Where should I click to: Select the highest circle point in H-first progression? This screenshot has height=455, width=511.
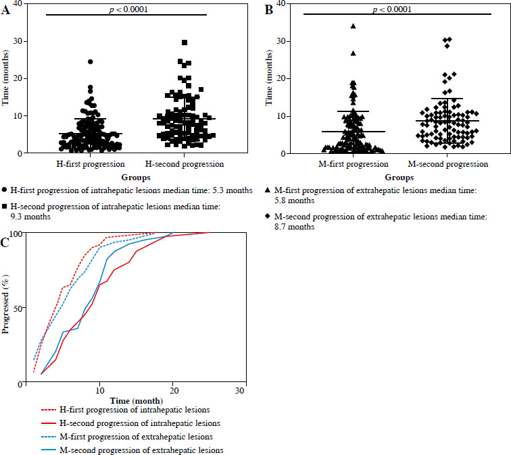click(91, 61)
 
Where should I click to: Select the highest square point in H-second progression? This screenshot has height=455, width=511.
click(185, 43)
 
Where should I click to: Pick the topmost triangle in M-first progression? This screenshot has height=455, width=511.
click(353, 26)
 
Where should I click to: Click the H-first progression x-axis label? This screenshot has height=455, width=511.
click(89, 163)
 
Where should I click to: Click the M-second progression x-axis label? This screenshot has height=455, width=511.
click(447, 163)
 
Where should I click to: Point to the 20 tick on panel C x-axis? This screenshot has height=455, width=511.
click(172, 392)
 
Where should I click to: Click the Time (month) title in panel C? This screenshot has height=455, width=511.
click(135, 401)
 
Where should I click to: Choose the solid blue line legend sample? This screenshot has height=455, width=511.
click(43, 449)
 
